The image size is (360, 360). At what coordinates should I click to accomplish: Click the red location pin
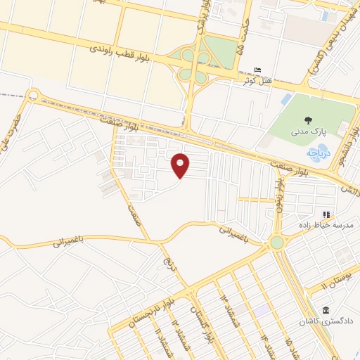[181, 165]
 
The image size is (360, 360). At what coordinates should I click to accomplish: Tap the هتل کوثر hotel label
[258, 81]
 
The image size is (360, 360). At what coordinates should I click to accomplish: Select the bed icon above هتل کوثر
[258, 71]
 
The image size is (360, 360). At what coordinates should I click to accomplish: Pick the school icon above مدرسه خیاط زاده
[326, 214]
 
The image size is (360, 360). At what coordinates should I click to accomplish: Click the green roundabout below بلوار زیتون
[276, 243]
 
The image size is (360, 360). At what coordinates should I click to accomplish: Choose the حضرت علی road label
[15, 133]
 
